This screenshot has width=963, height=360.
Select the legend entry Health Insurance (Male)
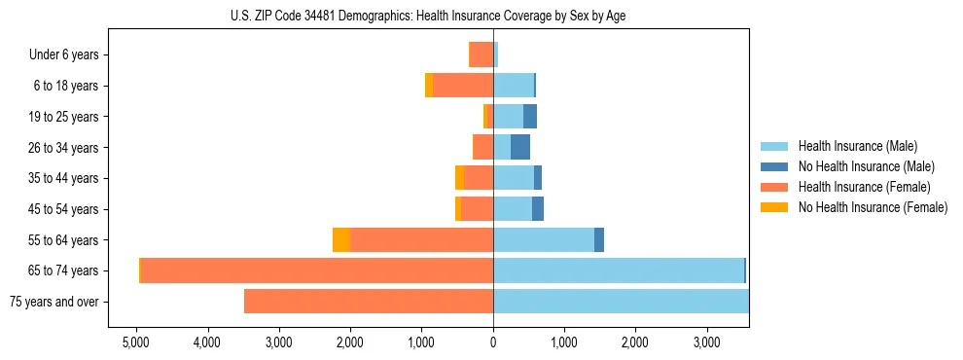click(x=857, y=146)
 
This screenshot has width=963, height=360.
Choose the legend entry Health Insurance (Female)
click(x=864, y=187)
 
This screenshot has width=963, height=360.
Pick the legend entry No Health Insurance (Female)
click(x=873, y=207)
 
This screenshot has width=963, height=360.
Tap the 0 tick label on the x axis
click(x=493, y=343)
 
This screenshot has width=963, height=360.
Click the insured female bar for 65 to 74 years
click(x=317, y=270)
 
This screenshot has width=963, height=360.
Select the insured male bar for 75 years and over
click(x=621, y=302)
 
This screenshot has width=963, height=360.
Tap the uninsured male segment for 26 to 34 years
click(x=520, y=147)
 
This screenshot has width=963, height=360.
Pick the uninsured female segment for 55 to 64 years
click(x=341, y=239)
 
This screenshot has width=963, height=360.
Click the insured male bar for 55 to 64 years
click(x=544, y=239)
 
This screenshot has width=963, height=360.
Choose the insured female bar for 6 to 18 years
click(x=463, y=86)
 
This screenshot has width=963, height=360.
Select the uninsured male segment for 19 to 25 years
click(x=530, y=116)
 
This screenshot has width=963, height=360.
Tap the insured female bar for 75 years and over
click(x=369, y=302)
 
